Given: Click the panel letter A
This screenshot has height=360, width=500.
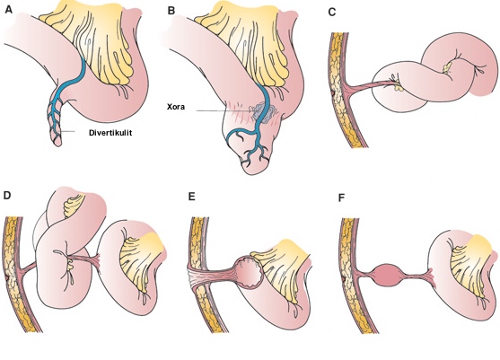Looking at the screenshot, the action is click(x=9, y=10).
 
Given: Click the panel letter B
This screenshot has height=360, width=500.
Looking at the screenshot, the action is click(x=171, y=11).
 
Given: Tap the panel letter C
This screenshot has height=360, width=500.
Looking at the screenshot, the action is click(x=332, y=12).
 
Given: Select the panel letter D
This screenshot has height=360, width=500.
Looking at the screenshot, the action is click(x=7, y=195).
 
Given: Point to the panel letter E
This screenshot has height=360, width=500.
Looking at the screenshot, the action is click(x=191, y=197).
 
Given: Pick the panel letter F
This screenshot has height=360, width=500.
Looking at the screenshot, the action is click(x=341, y=198).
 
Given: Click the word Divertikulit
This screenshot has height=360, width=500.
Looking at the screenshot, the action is click(x=110, y=133).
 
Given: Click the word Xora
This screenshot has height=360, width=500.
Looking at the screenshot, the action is click(x=176, y=107).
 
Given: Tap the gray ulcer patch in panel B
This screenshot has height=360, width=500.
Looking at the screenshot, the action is click(x=264, y=112).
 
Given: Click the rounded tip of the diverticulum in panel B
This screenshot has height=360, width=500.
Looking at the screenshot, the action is click(x=252, y=169).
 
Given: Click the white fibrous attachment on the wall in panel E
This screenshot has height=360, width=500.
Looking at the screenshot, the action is click(x=195, y=277).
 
